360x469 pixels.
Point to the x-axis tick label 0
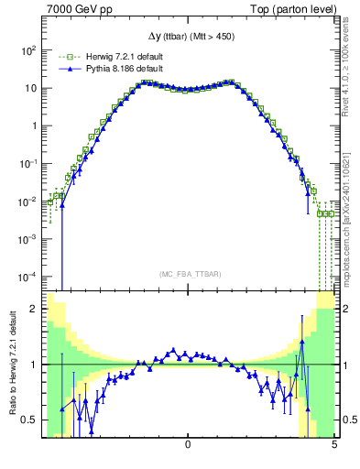[188, 445]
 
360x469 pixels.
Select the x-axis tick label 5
[333, 445]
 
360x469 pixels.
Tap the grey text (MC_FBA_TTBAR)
[188, 274]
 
